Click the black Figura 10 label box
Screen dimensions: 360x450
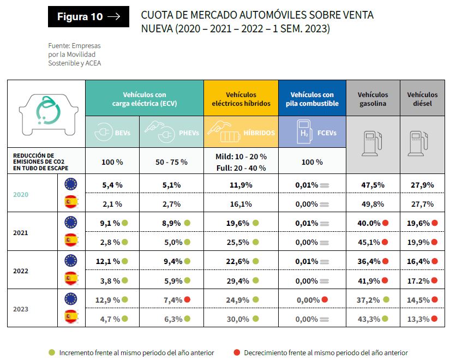(88, 17)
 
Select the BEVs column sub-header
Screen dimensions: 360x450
(112, 133)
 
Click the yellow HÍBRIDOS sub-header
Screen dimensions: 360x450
(241, 133)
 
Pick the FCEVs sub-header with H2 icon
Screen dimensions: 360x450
(312, 133)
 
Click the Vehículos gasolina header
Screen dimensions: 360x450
(373, 99)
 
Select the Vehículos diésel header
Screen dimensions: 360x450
(422, 99)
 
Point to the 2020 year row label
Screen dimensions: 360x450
(21, 194)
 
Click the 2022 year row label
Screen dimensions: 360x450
(21, 271)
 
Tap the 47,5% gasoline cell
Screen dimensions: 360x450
(373, 185)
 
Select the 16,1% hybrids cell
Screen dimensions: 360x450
(241, 204)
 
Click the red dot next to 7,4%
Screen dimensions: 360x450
(188, 299)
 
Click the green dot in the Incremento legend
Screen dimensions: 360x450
(52, 352)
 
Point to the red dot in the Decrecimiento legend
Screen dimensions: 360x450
(237, 352)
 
